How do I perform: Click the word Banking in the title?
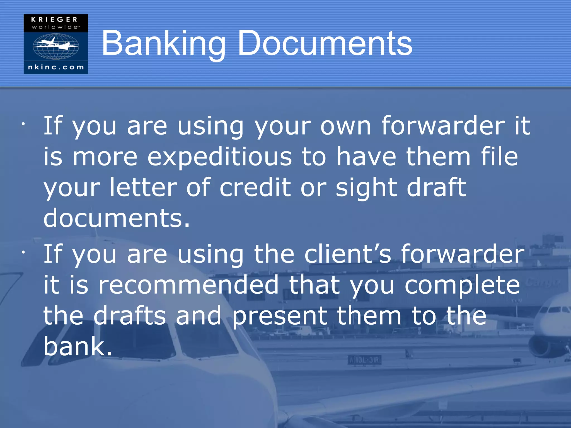pos(163,44)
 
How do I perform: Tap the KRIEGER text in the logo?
pos(54,20)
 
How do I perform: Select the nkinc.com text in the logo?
pos(56,67)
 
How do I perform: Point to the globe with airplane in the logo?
pos(56,46)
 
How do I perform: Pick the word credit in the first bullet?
pos(255,188)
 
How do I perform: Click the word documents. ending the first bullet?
pos(117,218)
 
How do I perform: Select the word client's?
pos(348,254)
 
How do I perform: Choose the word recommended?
pos(189,285)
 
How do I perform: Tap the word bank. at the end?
pos(78,346)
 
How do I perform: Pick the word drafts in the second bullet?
pos(130,316)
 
